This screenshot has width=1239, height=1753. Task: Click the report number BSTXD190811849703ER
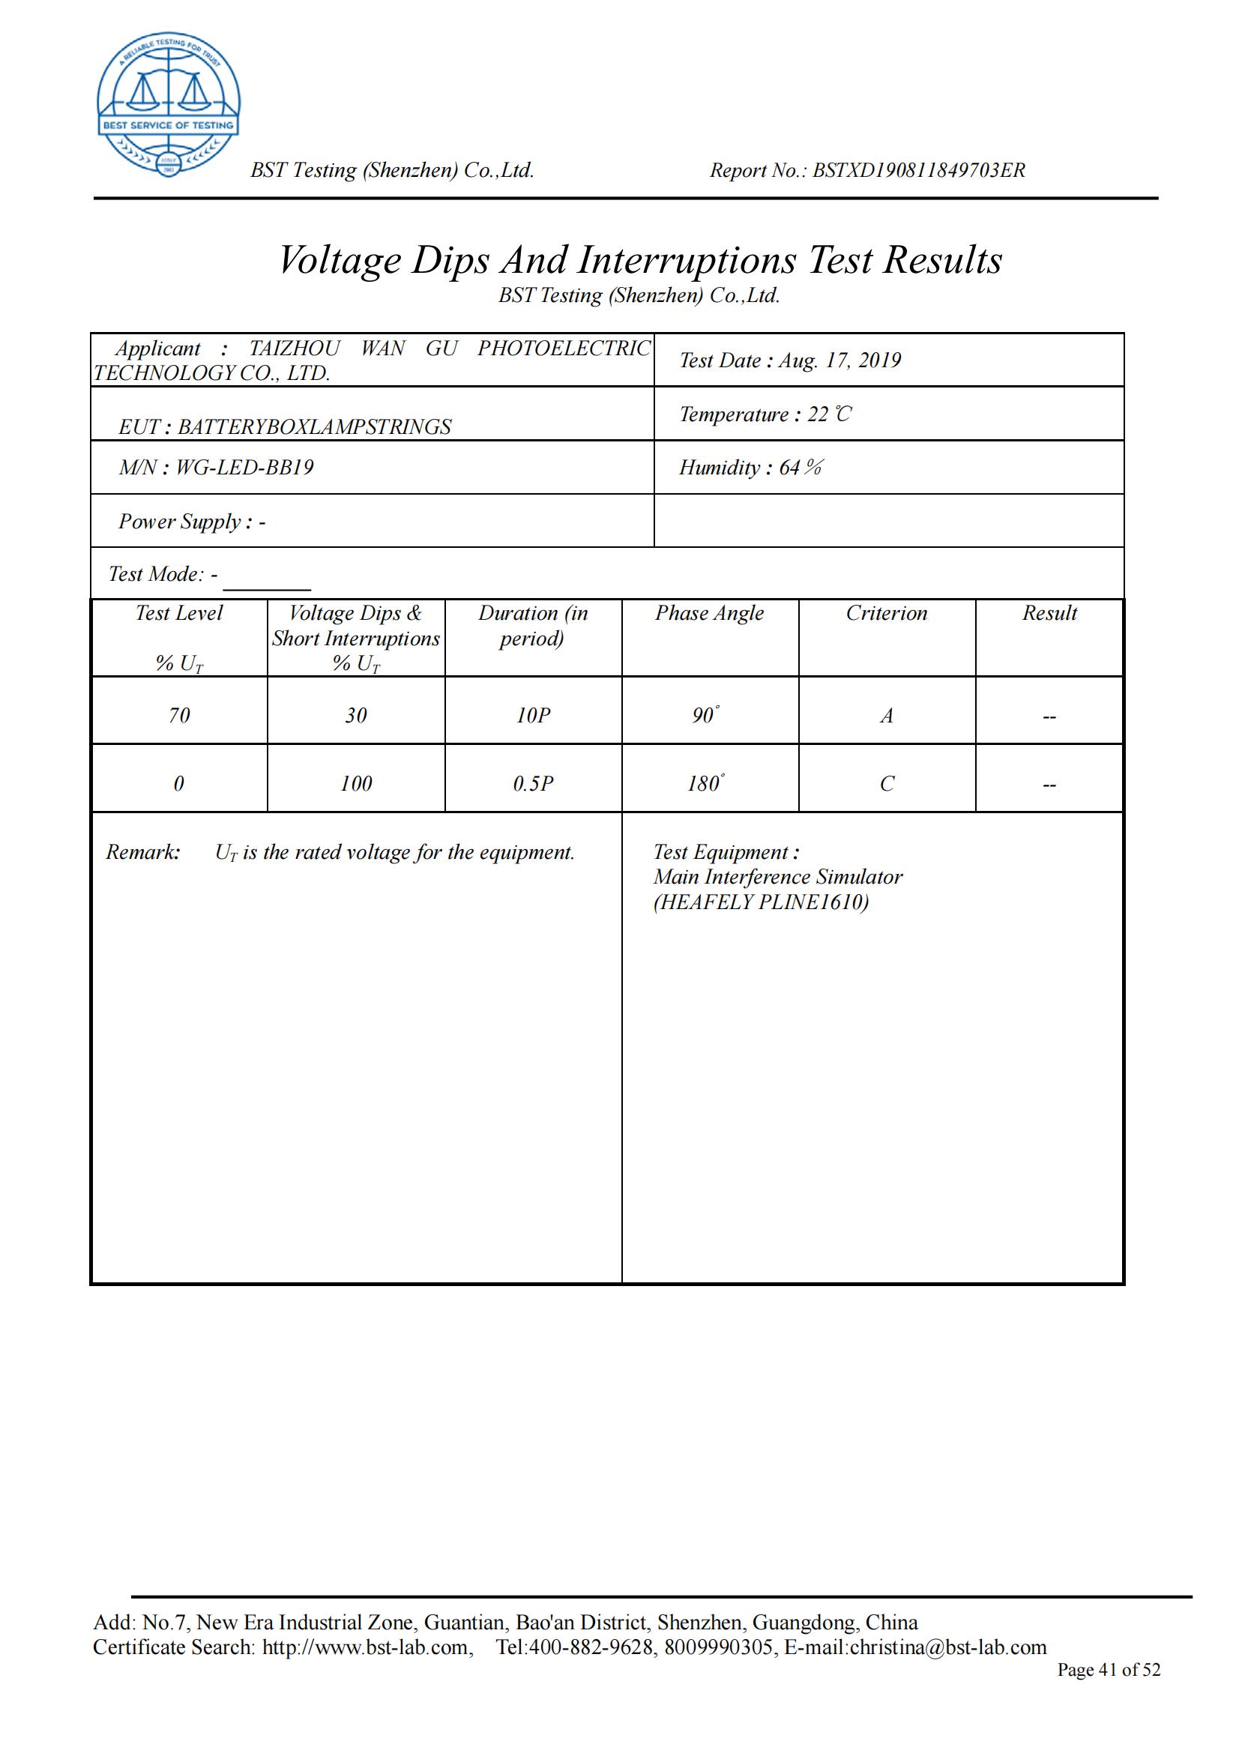(x=918, y=170)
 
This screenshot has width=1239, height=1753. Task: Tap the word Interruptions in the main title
(x=687, y=260)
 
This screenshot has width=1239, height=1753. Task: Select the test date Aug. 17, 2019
(x=839, y=360)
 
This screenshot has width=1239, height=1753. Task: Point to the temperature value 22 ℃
(x=830, y=414)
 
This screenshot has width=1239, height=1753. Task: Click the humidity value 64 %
(x=801, y=468)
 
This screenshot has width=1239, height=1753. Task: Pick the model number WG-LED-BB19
(x=245, y=467)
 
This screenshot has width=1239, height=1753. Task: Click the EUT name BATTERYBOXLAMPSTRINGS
(x=315, y=426)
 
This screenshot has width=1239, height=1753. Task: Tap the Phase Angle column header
(x=709, y=613)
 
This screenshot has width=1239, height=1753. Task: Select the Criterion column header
(x=886, y=613)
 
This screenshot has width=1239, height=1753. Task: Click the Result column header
(x=1049, y=613)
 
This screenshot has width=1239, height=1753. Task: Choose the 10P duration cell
(x=533, y=716)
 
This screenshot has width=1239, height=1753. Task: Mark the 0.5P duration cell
(x=533, y=783)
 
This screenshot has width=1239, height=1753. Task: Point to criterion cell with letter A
(x=886, y=716)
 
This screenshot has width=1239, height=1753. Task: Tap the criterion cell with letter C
(x=886, y=783)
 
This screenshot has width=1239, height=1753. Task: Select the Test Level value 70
(x=178, y=716)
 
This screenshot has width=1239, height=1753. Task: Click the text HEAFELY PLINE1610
(x=761, y=902)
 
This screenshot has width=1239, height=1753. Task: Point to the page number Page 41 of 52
(x=1109, y=1670)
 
